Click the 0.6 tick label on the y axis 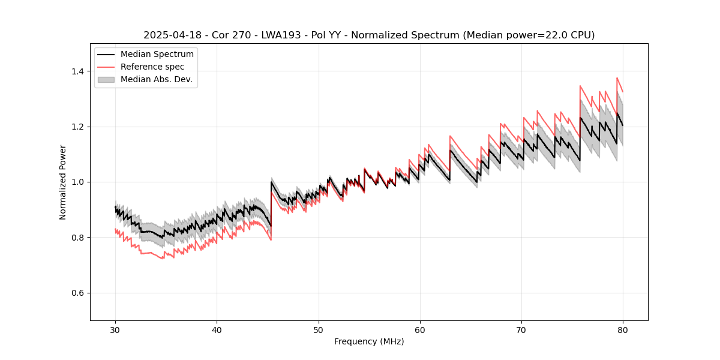click(78, 293)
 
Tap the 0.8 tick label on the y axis click(78, 238)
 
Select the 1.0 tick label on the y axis click(78, 182)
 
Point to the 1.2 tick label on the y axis click(78, 127)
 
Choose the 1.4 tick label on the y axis click(78, 71)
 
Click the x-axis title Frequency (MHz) click(369, 341)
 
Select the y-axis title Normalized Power click(62, 182)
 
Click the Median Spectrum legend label click(157, 55)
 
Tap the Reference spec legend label click(152, 67)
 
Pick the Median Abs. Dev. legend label click(156, 79)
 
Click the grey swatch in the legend click(106, 79)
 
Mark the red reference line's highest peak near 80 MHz click(617, 77)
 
